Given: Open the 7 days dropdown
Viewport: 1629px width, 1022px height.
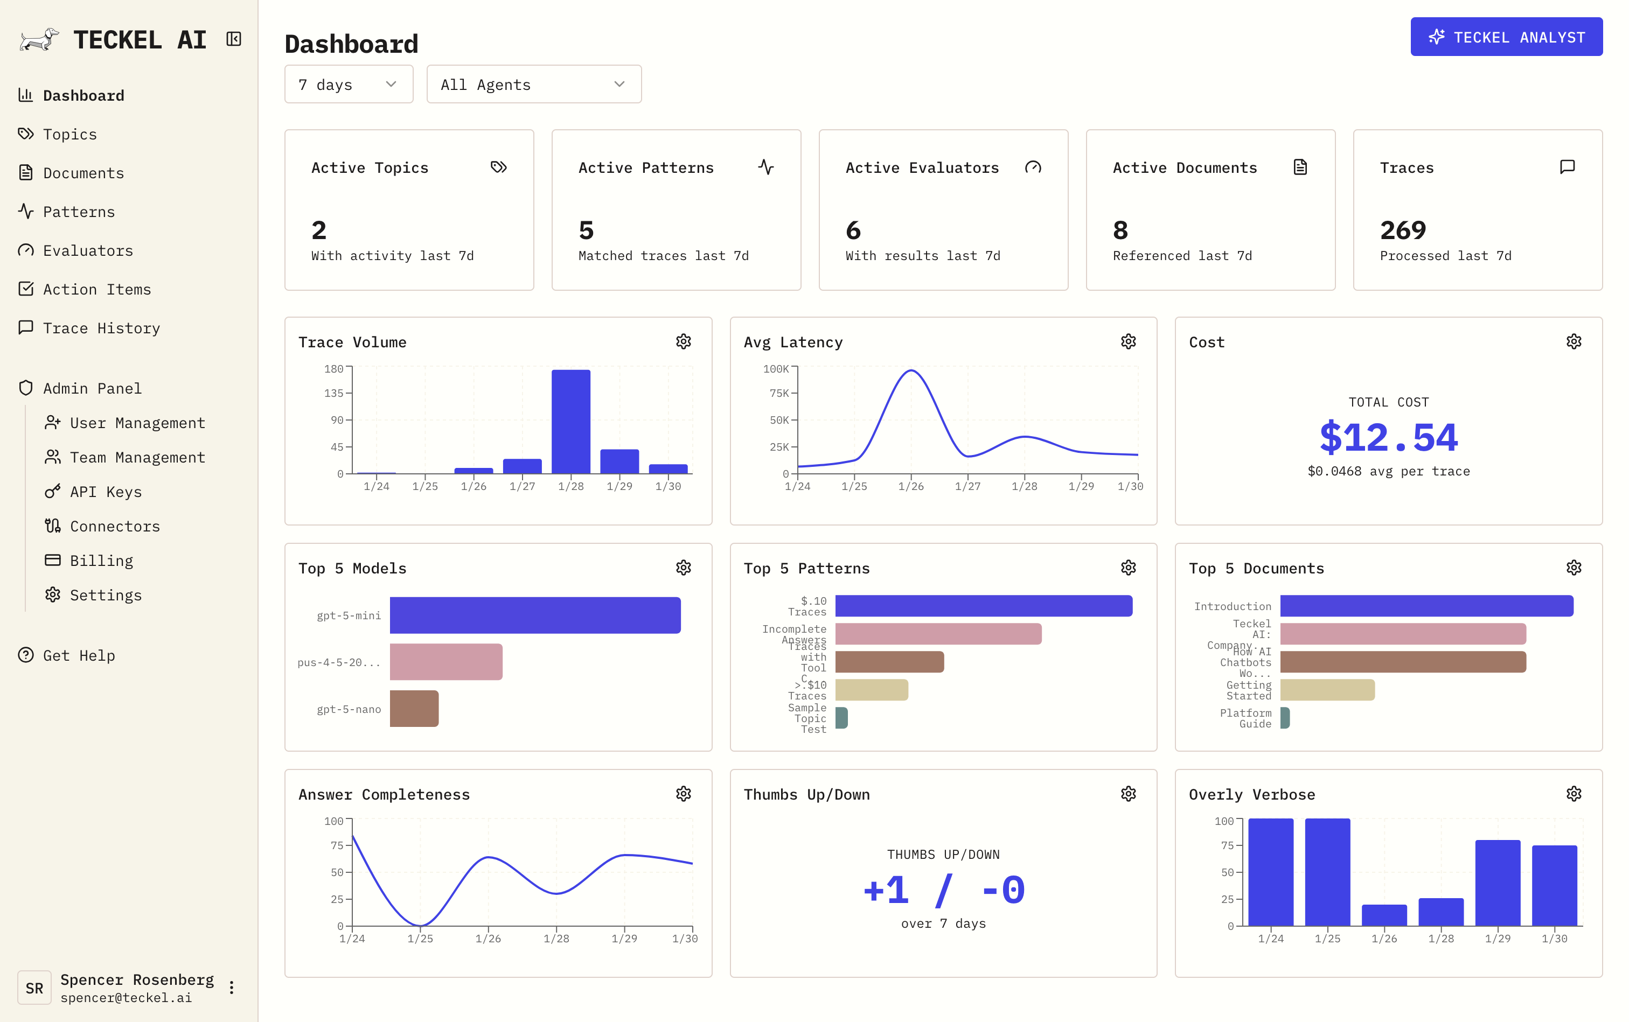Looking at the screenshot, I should pos(348,85).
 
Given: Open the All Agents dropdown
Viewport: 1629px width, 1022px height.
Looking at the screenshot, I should pos(533,85).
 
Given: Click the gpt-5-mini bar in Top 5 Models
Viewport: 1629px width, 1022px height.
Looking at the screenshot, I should pos(534,615).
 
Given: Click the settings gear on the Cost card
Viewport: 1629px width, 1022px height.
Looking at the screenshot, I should pos(1573,342).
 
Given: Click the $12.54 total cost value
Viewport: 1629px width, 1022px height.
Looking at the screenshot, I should pos(1388,438).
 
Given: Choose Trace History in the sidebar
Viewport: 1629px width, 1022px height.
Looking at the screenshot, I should pos(101,328).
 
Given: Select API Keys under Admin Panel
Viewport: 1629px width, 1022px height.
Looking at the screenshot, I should pos(106,492).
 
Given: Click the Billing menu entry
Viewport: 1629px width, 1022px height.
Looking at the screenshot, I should pos(101,561).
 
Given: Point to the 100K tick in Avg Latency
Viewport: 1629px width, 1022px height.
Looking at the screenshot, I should pos(776,369).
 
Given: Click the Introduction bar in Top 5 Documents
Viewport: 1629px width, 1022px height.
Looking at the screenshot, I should pos(1425,606).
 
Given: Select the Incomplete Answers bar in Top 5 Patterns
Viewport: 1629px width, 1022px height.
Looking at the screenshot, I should pos(937,634).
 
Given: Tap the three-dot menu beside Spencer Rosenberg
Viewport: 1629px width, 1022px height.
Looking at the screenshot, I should pos(231,988).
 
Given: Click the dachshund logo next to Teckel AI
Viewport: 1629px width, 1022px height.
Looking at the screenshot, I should pos(39,39).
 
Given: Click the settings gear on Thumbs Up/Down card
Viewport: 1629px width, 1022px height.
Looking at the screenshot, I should pos(1128,794).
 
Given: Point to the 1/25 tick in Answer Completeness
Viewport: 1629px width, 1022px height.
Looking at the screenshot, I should pos(420,938).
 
